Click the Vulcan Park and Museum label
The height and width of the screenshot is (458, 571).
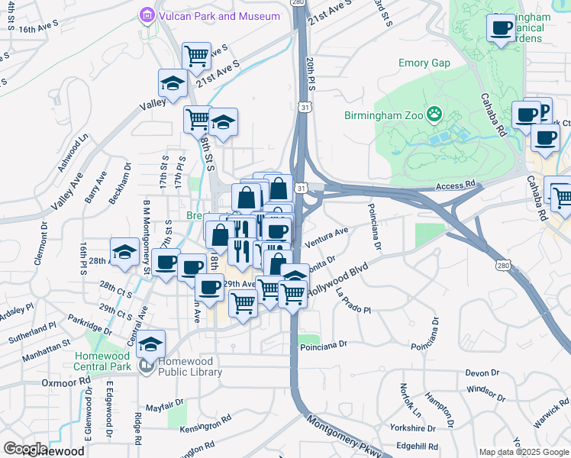(209, 15)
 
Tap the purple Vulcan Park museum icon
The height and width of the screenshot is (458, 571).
(146, 15)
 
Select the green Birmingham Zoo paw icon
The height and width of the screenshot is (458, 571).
(434, 114)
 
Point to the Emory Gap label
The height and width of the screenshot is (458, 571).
(424, 63)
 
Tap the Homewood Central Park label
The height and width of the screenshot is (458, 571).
(104, 361)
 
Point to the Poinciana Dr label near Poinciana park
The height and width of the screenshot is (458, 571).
(324, 344)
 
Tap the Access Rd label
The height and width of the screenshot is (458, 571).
(455, 185)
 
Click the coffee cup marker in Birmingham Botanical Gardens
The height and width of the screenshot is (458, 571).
(501, 28)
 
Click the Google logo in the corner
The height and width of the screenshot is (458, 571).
(24, 449)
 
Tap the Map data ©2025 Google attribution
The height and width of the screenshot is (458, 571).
(524, 452)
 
